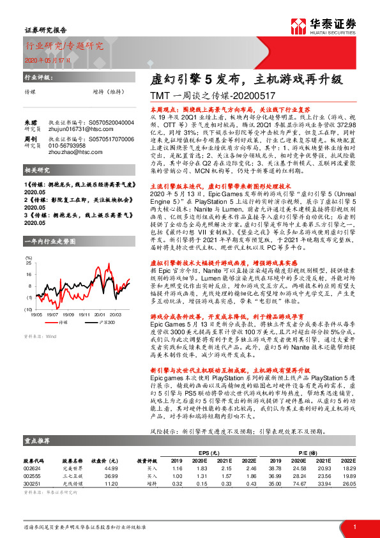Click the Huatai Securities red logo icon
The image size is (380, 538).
coord(299,26)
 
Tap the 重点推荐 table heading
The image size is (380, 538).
coord(38,440)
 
